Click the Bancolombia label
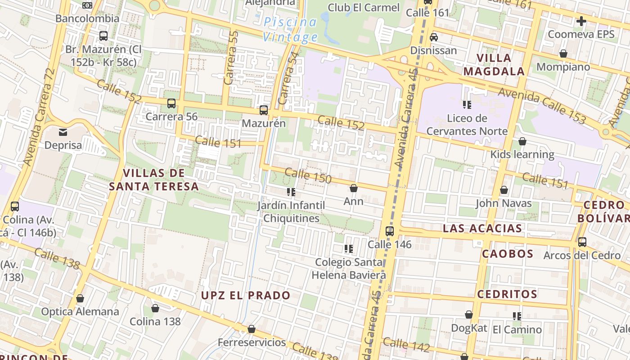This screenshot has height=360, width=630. [x=87, y=18]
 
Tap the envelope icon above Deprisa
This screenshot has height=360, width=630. [x=63, y=132]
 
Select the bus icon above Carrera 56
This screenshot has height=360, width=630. [x=171, y=103]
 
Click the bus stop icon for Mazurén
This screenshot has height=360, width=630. [x=264, y=110]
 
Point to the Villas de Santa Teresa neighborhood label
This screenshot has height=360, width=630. [x=153, y=180]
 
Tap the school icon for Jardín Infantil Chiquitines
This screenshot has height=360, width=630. [x=291, y=192]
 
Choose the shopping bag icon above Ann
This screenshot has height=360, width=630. [x=354, y=188]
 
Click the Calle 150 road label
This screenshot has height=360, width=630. [x=308, y=175]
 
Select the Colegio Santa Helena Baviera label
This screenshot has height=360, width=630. [x=349, y=269]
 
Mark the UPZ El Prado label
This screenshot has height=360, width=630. [x=246, y=296]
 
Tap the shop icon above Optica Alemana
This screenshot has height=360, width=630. [x=80, y=298]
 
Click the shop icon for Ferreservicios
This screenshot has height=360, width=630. [x=252, y=329]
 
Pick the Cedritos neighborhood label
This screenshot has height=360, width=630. [x=507, y=295]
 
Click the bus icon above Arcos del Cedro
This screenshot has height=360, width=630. [x=582, y=242]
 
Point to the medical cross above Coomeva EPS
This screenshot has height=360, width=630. [x=581, y=21]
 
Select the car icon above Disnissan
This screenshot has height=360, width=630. [x=434, y=37]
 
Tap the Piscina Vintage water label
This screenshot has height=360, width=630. [x=290, y=29]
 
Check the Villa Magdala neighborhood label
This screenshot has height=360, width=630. [x=494, y=64]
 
